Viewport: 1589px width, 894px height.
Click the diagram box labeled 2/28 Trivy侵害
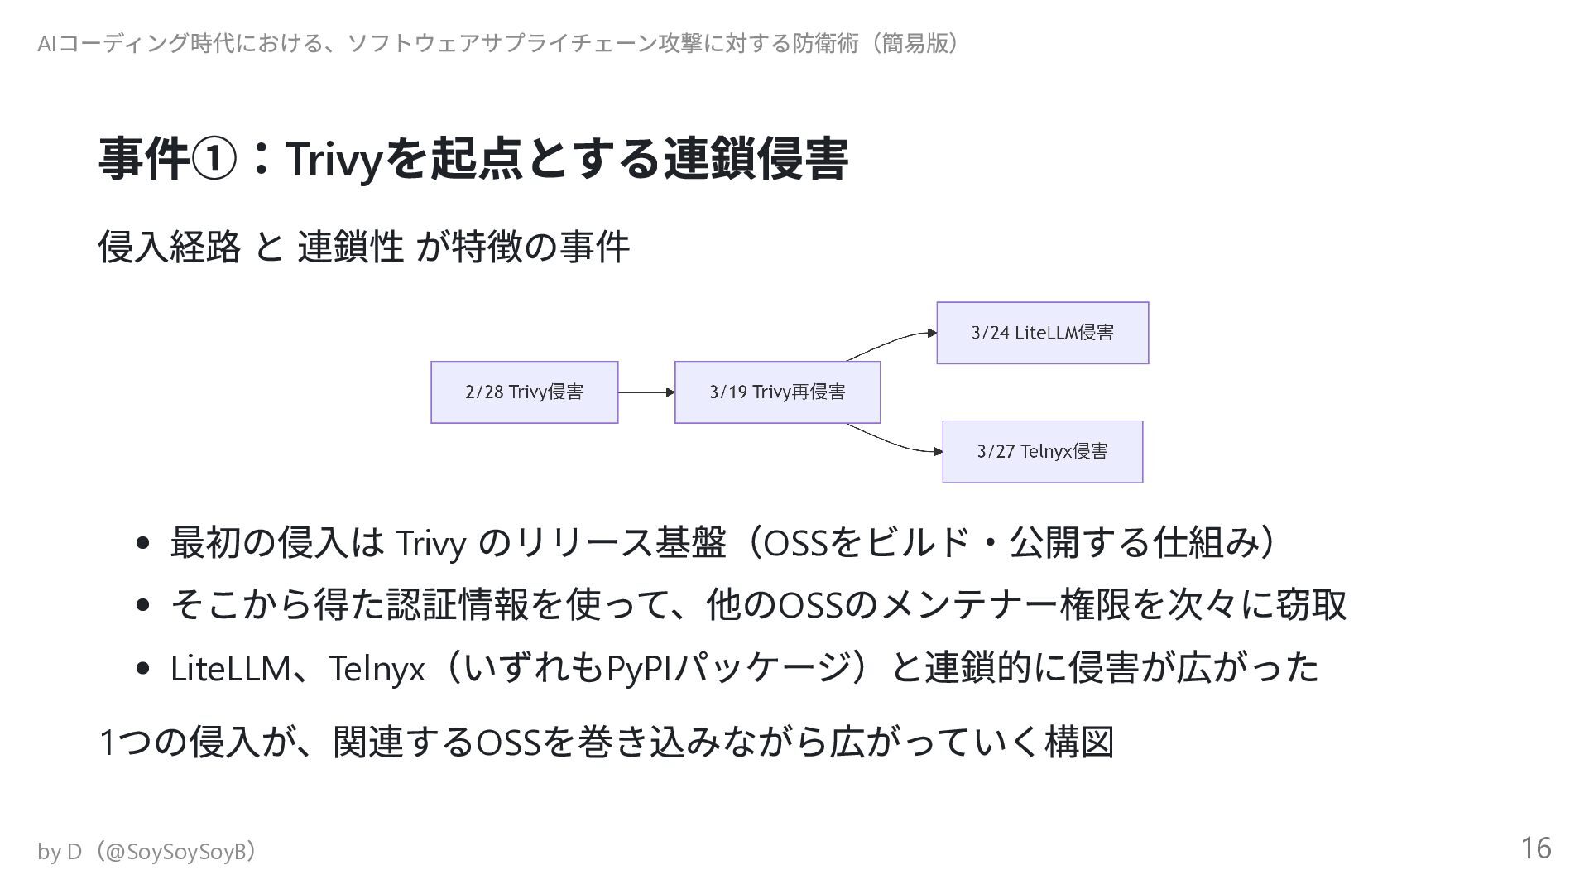pyautogui.click(x=524, y=392)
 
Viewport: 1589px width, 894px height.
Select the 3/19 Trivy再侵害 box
pyautogui.click(x=777, y=392)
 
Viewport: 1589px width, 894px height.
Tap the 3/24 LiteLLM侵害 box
pyautogui.click(x=1042, y=333)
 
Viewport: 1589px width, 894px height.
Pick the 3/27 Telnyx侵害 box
pyautogui.click(x=1042, y=451)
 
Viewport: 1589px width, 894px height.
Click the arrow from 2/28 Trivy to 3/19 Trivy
pyautogui.click(x=646, y=392)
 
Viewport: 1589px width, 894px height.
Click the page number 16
pyautogui.click(x=1535, y=848)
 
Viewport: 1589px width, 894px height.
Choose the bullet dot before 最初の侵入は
pyautogui.click(x=142, y=544)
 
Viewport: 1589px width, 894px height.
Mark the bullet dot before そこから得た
pyautogui.click(x=142, y=605)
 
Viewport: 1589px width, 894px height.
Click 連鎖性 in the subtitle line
pyautogui.click(x=351, y=247)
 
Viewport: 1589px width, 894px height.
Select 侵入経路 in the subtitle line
pyautogui.click(x=169, y=247)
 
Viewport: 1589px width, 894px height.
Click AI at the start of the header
pyautogui.click(x=46, y=43)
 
